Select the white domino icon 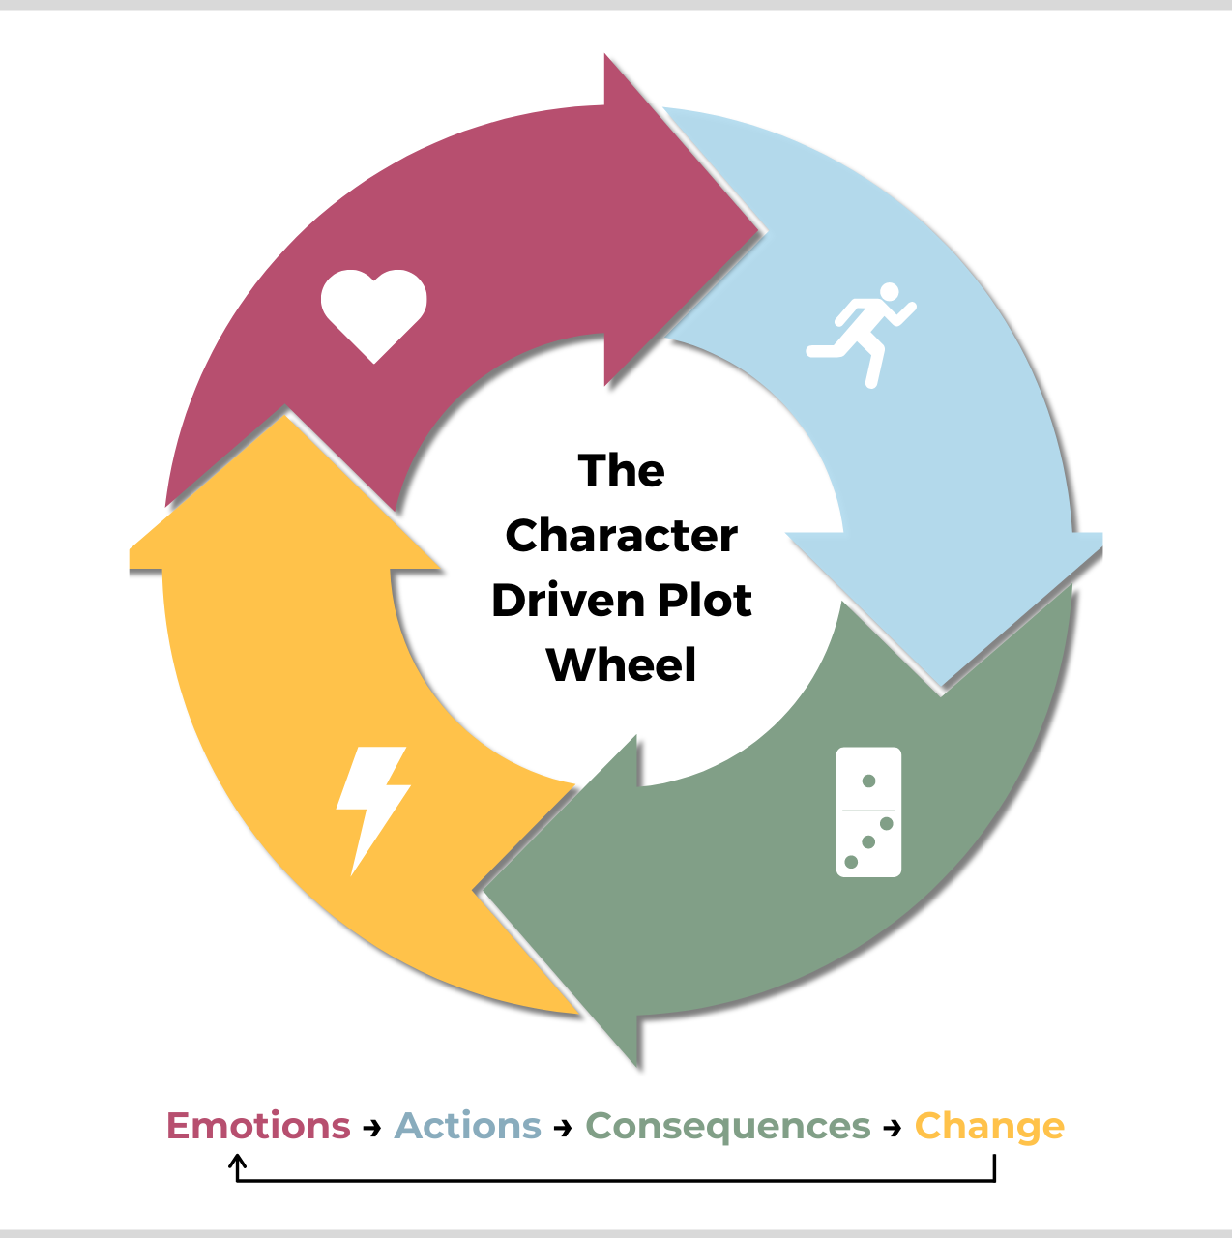(868, 811)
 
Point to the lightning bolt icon (372, 809)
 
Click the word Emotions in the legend (258, 1126)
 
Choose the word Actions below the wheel (468, 1126)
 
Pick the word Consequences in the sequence (728, 1126)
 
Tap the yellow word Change (989, 1127)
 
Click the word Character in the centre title (621, 536)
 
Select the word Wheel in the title (621, 665)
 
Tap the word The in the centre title (621, 471)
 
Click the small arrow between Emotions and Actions (372, 1128)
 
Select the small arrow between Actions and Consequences (564, 1128)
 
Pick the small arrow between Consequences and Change (893, 1128)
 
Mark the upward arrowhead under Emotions (238, 1161)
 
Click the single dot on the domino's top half (868, 781)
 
